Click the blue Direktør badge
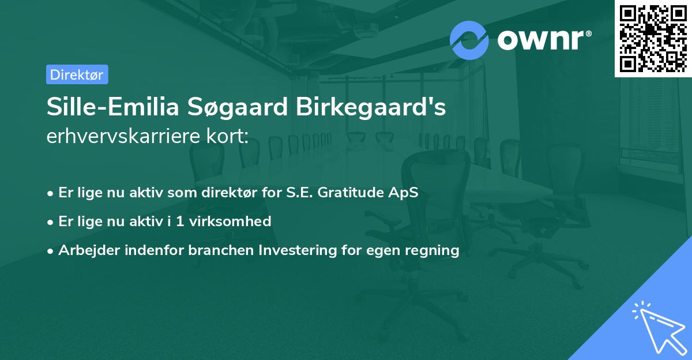pos(77,74)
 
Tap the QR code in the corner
pos(653,38)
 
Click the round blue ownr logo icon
pos(469,40)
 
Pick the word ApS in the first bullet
pos(405,193)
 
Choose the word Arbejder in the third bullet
pos(84,250)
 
